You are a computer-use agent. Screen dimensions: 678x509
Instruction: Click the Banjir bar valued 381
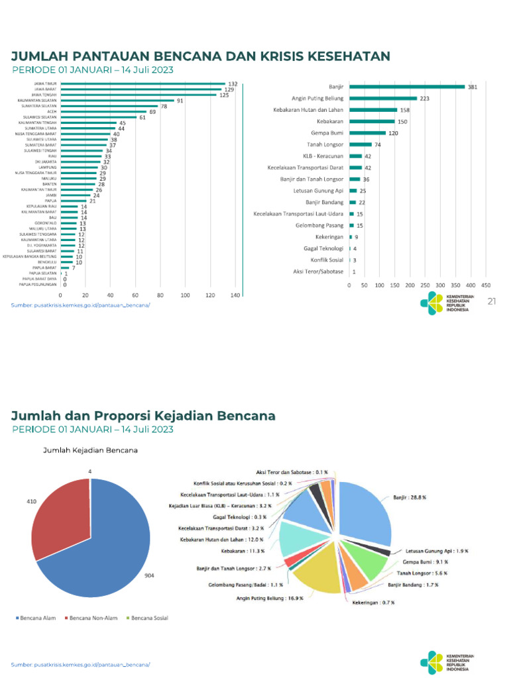407,86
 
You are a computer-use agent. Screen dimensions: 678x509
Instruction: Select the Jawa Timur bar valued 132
143,84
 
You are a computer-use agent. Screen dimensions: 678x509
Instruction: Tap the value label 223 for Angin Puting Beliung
424,98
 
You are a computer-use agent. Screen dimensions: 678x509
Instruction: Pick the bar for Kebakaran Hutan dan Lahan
373,110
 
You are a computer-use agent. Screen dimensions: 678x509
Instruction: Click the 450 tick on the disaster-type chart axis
485,285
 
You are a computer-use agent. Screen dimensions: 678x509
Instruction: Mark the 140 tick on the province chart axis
235,295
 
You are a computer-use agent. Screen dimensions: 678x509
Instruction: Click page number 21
492,302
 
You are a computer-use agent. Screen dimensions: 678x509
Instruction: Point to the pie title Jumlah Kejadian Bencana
90,450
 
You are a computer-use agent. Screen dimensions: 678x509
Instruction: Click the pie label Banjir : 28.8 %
409,497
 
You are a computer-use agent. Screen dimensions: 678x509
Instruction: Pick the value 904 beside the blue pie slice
149,576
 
